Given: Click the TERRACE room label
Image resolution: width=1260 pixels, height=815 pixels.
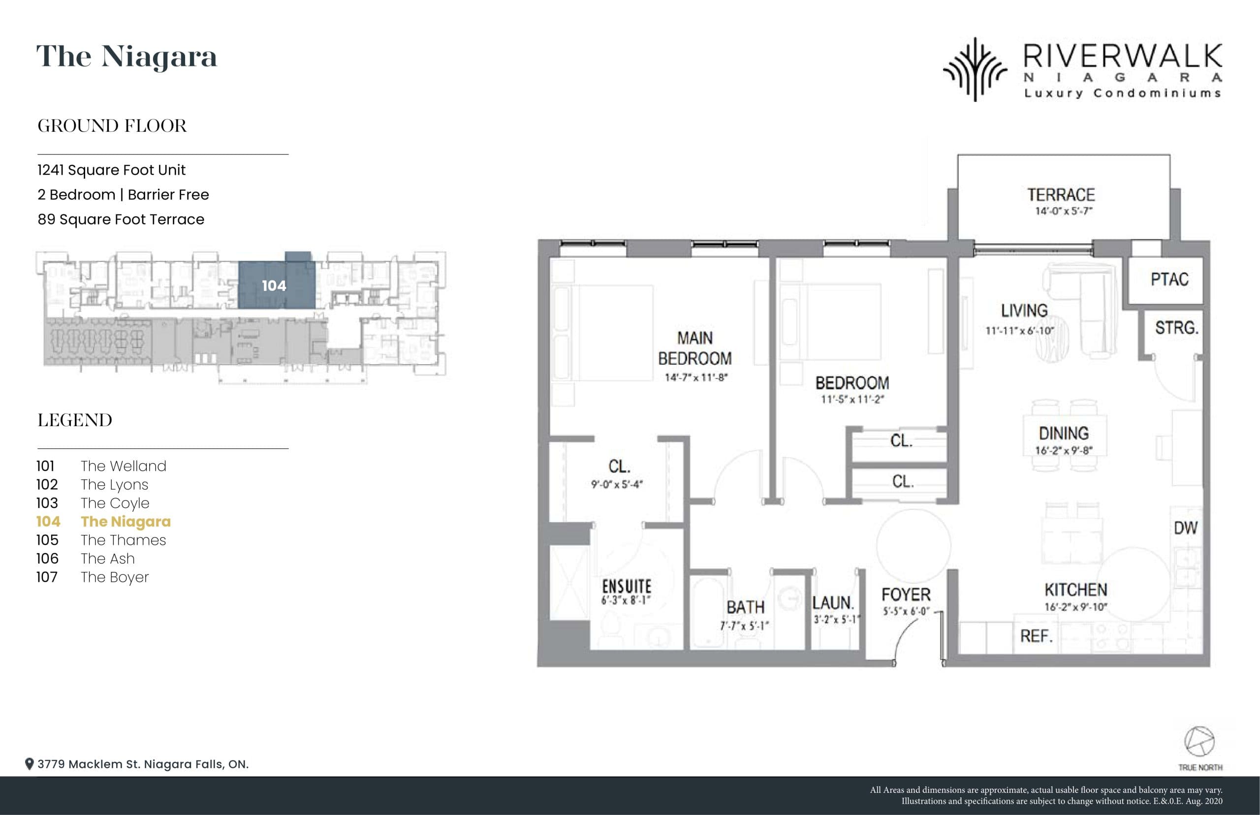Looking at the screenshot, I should click(x=1061, y=195).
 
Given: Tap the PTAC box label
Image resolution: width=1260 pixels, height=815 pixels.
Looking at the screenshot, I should click(x=1169, y=280).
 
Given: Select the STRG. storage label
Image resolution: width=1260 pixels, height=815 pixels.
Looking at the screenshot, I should click(x=1176, y=328).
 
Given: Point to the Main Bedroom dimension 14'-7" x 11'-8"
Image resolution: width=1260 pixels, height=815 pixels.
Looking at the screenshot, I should click(x=696, y=377).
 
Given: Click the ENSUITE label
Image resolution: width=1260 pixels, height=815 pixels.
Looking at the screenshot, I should click(x=627, y=586).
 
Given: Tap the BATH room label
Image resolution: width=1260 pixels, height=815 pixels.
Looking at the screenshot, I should click(x=745, y=607).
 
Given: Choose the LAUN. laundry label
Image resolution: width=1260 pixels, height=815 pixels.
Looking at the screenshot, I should click(x=833, y=603).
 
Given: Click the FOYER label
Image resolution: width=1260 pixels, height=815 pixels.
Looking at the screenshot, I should click(x=906, y=595).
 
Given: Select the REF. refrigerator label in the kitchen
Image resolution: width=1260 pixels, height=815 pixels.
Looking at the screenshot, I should click(x=1036, y=635).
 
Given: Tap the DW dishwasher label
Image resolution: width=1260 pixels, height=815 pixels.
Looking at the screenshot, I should click(x=1185, y=528).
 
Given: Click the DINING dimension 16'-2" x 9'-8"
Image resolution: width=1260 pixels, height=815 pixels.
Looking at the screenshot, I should click(x=1064, y=451).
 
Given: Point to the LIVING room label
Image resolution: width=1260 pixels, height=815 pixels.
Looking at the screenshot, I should click(x=1024, y=311).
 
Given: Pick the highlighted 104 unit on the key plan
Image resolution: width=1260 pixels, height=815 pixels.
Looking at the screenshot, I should click(x=274, y=286).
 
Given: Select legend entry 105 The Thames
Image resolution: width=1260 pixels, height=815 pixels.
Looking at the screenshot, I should click(x=101, y=540).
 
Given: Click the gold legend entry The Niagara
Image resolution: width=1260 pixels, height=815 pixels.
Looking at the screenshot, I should click(x=126, y=521).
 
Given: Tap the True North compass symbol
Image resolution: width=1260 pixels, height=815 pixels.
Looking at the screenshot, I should click(x=1199, y=742).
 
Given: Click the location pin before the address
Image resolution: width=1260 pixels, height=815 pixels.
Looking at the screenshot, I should click(x=30, y=764).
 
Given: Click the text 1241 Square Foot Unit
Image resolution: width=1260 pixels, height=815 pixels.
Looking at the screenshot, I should click(x=111, y=170).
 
